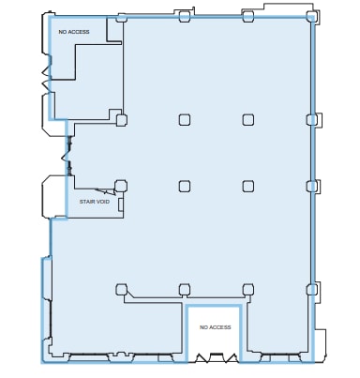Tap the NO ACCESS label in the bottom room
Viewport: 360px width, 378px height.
215,327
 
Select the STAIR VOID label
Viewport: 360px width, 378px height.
95,201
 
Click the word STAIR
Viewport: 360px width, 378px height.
88,201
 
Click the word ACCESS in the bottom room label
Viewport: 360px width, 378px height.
219,327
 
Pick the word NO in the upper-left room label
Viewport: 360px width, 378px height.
63,32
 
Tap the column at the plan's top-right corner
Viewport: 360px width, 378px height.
311,16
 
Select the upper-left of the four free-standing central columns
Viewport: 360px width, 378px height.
185,119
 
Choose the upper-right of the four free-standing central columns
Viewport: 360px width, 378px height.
248,119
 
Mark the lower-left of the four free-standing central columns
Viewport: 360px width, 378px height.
185,186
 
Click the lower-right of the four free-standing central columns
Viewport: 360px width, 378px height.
248,186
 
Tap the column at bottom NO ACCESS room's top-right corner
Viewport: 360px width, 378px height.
248,289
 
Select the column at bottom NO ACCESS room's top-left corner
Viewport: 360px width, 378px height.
185,289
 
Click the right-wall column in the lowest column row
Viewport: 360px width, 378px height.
311,289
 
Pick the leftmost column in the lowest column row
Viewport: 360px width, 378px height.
121,289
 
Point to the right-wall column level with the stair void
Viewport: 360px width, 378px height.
311,186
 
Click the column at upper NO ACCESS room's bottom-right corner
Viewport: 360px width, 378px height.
121,119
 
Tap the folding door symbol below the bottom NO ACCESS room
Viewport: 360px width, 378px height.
215,358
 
